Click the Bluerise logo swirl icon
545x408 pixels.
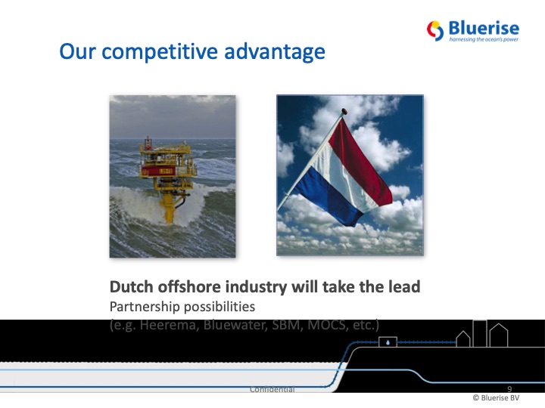435,30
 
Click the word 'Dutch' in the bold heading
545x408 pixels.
131,287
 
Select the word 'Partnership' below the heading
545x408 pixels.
143,308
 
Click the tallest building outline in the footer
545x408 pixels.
480,332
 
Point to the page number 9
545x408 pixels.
509,388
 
